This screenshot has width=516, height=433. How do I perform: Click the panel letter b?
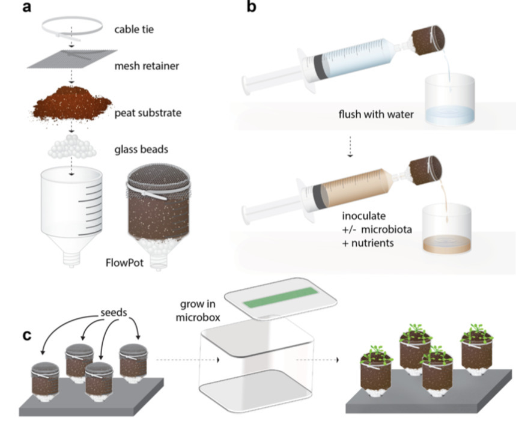click(252, 8)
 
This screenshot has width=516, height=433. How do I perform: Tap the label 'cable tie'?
click(134, 28)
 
